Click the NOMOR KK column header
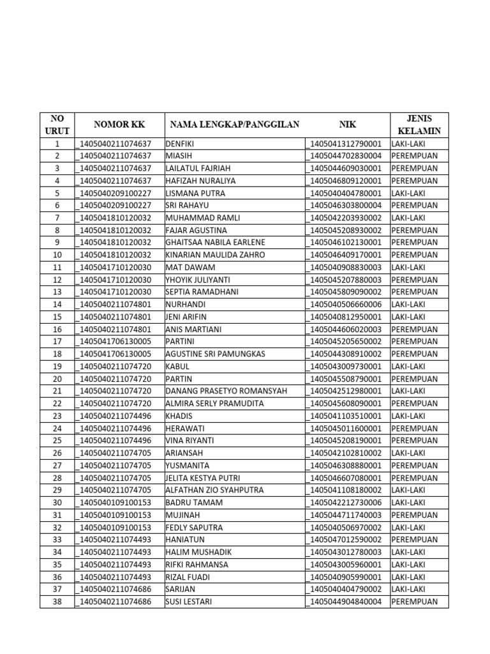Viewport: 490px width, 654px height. click(x=119, y=125)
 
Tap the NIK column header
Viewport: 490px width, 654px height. click(x=347, y=125)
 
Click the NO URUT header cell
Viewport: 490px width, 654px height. click(x=57, y=125)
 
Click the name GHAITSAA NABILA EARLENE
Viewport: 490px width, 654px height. click(x=215, y=243)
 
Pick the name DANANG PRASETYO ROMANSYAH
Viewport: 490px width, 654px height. click(x=226, y=391)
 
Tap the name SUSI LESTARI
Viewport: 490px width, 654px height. click(x=189, y=602)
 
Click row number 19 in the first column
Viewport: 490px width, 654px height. click(x=57, y=367)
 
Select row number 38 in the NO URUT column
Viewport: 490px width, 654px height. click(x=57, y=602)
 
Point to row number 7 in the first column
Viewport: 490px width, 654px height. click(x=57, y=218)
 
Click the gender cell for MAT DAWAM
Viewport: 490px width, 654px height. click(x=408, y=268)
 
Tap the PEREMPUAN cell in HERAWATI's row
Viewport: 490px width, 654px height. click(x=414, y=429)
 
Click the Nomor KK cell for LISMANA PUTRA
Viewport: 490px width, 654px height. click(x=114, y=193)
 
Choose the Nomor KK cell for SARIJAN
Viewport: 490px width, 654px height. click(x=114, y=589)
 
